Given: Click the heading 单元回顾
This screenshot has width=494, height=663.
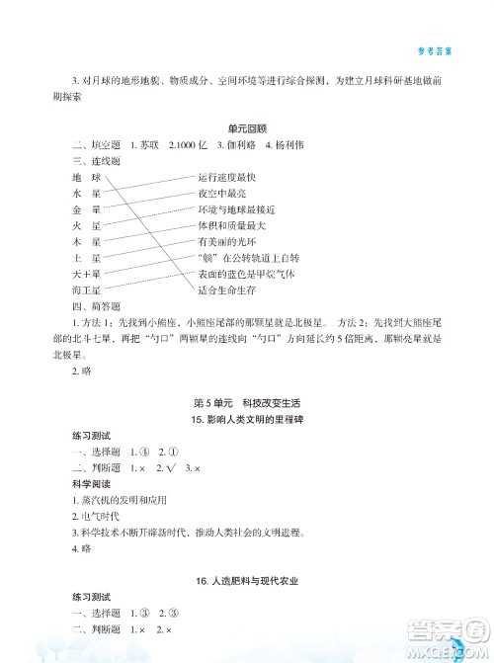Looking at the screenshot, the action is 247,127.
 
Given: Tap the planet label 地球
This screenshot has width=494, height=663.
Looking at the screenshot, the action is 87,176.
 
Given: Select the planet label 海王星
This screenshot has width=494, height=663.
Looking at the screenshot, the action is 87,290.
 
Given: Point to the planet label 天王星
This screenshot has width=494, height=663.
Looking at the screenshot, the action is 87,273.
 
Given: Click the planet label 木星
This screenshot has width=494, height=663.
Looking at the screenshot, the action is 87,240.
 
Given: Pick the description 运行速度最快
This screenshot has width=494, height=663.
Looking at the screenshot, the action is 226,176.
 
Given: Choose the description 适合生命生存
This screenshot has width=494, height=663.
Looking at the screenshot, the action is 226,290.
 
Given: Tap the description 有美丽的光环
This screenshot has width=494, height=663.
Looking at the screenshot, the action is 226,240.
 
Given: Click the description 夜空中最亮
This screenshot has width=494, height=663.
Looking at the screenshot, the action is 222,192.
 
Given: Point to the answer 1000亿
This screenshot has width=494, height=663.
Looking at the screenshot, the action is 189,144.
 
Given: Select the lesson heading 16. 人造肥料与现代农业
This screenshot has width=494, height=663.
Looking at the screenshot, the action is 247,581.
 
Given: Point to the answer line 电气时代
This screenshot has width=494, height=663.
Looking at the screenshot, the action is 101,491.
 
